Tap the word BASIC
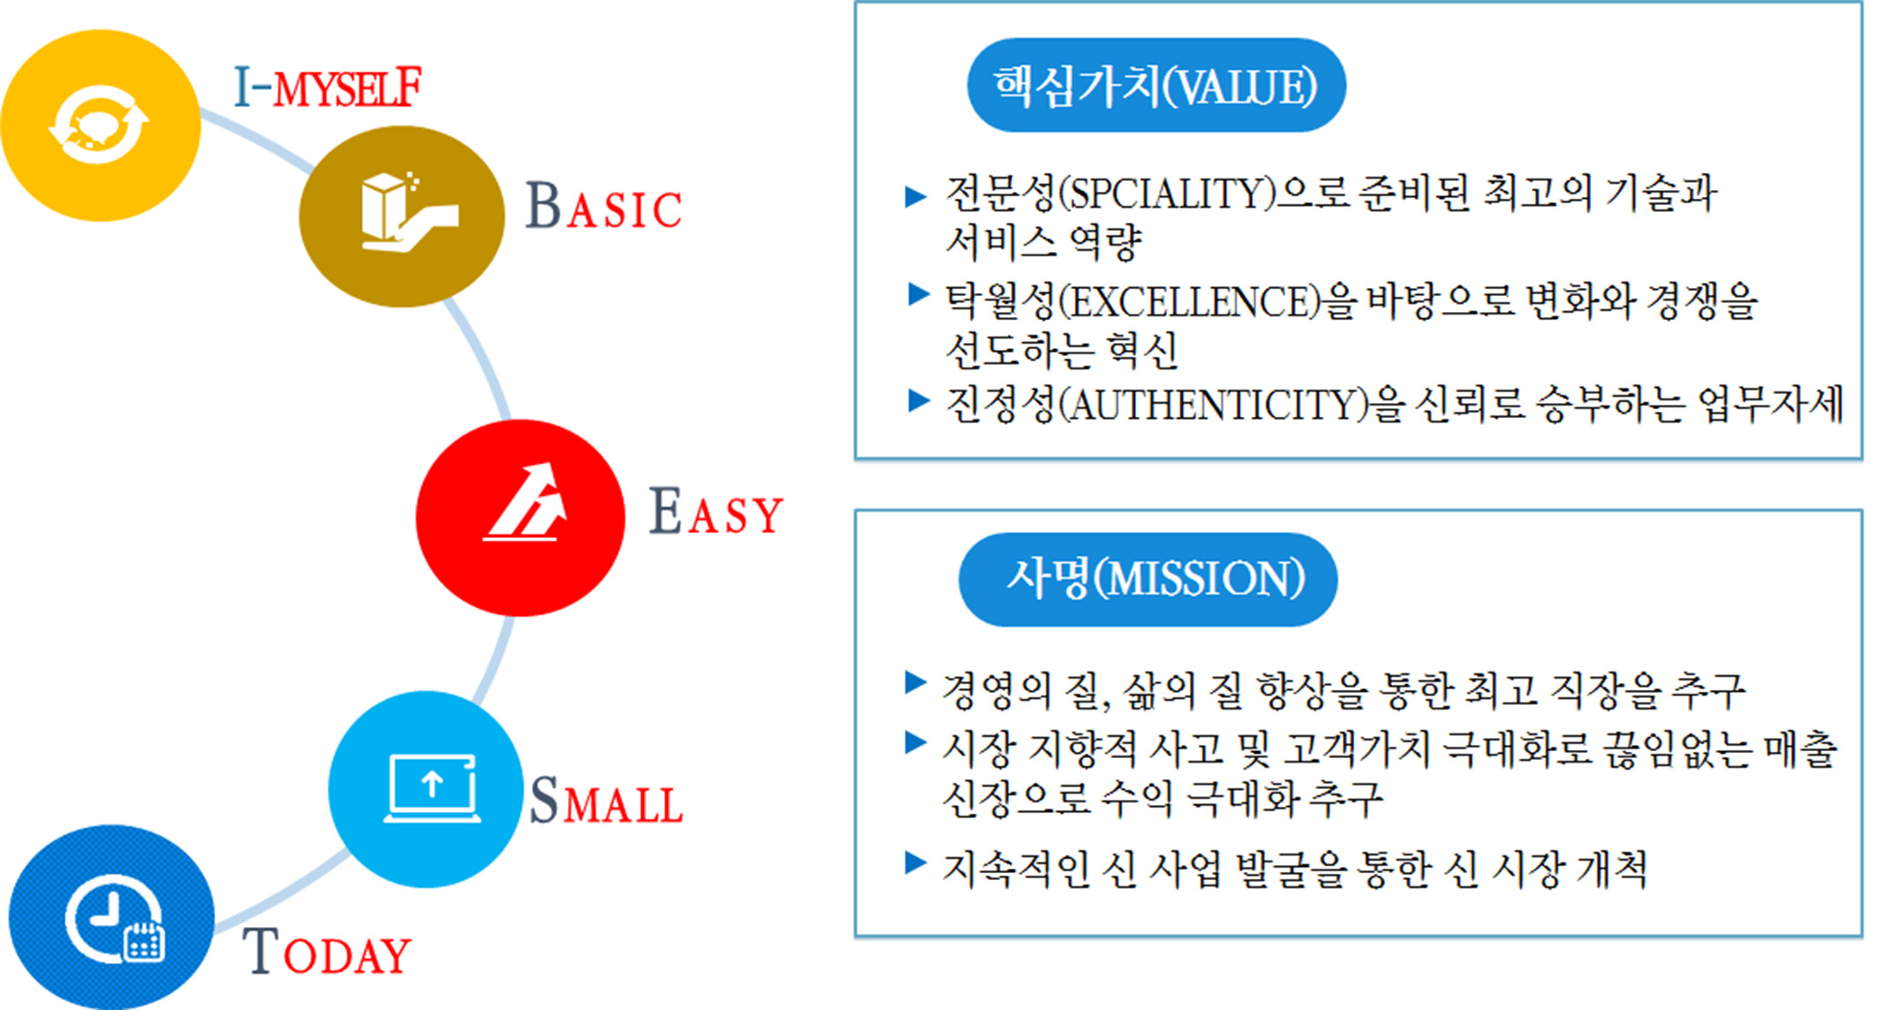(603, 207)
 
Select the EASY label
(716, 512)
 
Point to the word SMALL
(606, 801)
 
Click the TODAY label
(327, 951)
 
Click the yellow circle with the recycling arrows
(100, 125)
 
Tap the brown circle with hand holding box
(402, 216)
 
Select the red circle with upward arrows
(520, 518)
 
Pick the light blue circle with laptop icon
(426, 789)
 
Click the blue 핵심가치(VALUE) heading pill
(1156, 86)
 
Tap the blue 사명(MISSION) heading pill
(1147, 580)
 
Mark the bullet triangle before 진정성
(919, 401)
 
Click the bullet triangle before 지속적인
(916, 863)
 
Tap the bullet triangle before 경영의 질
(916, 682)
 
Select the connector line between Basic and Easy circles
(484, 358)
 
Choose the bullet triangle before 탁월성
(919, 294)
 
